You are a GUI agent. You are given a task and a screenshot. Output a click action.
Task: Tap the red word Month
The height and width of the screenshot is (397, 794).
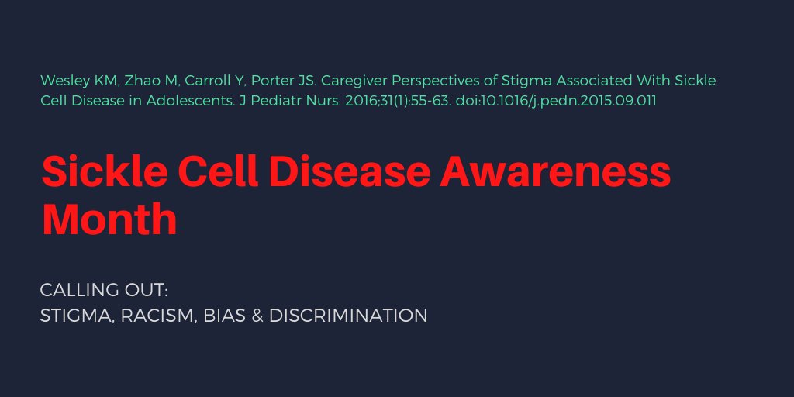109,219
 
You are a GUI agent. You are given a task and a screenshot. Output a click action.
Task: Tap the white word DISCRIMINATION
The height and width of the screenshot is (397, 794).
348,316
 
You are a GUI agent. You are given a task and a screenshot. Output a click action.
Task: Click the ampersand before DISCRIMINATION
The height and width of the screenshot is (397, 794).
258,316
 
